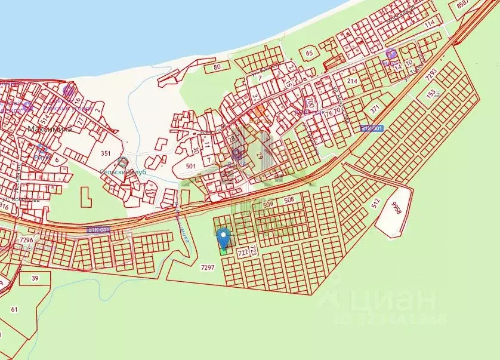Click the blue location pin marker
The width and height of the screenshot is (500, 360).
coord(224,238)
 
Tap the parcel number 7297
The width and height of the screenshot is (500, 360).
coord(206,268)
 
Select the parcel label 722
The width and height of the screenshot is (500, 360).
coord(243,253)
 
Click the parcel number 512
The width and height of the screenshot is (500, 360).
coord(375,203)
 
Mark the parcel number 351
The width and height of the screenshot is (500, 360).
coord(106,153)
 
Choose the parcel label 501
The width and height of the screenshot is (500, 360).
coord(191,166)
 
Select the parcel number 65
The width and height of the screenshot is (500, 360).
coord(309,53)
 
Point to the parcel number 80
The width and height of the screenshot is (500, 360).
coord(217,67)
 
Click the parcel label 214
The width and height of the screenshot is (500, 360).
coord(352,81)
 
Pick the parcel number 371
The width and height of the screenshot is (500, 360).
coord(375,109)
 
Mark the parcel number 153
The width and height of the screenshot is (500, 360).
coord(431,94)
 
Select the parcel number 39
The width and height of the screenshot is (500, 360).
coord(35,278)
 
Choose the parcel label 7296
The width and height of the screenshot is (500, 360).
coord(27,240)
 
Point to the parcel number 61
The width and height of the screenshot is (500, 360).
coord(14,309)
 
